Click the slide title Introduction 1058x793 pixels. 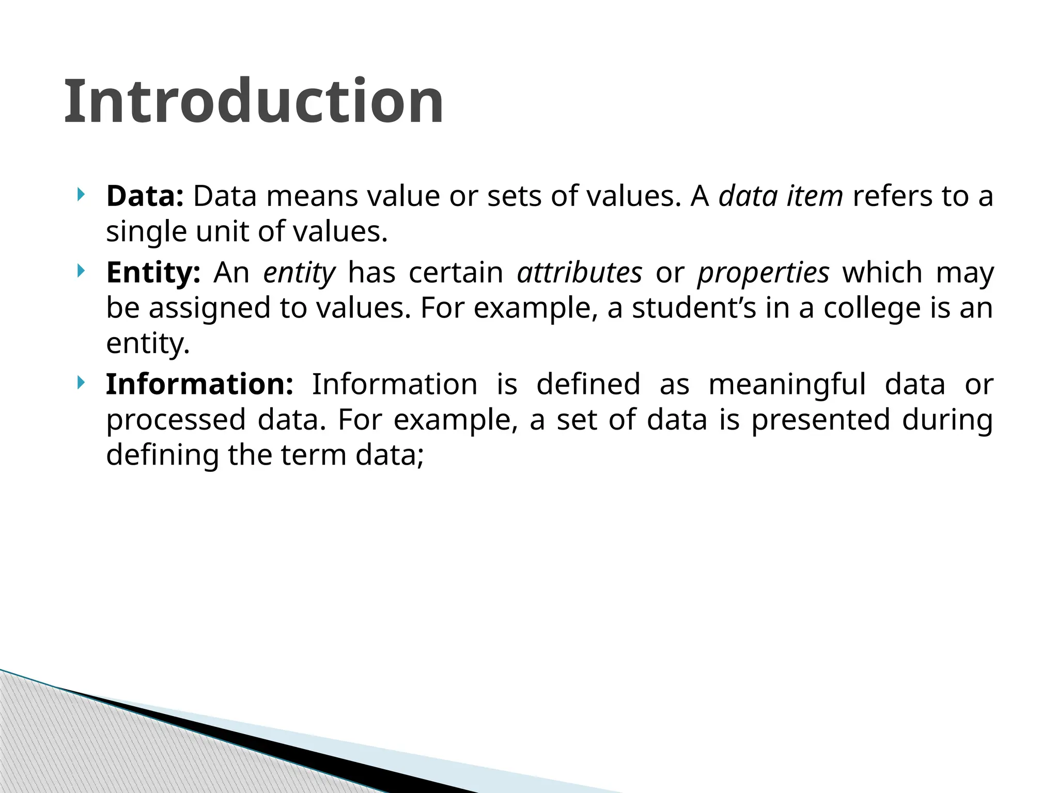click(x=253, y=101)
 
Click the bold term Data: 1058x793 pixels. click(x=145, y=196)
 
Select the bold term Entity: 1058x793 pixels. click(x=153, y=273)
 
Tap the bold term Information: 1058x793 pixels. click(x=199, y=384)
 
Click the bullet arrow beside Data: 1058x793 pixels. click(x=80, y=195)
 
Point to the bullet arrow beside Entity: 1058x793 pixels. click(x=80, y=271)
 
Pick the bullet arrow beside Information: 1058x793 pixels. click(x=80, y=383)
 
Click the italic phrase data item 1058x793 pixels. click(x=781, y=196)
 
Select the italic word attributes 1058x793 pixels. click(x=580, y=273)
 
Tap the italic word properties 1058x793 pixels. click(x=763, y=274)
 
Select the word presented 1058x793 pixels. click(x=820, y=420)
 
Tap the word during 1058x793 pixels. click(x=947, y=420)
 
